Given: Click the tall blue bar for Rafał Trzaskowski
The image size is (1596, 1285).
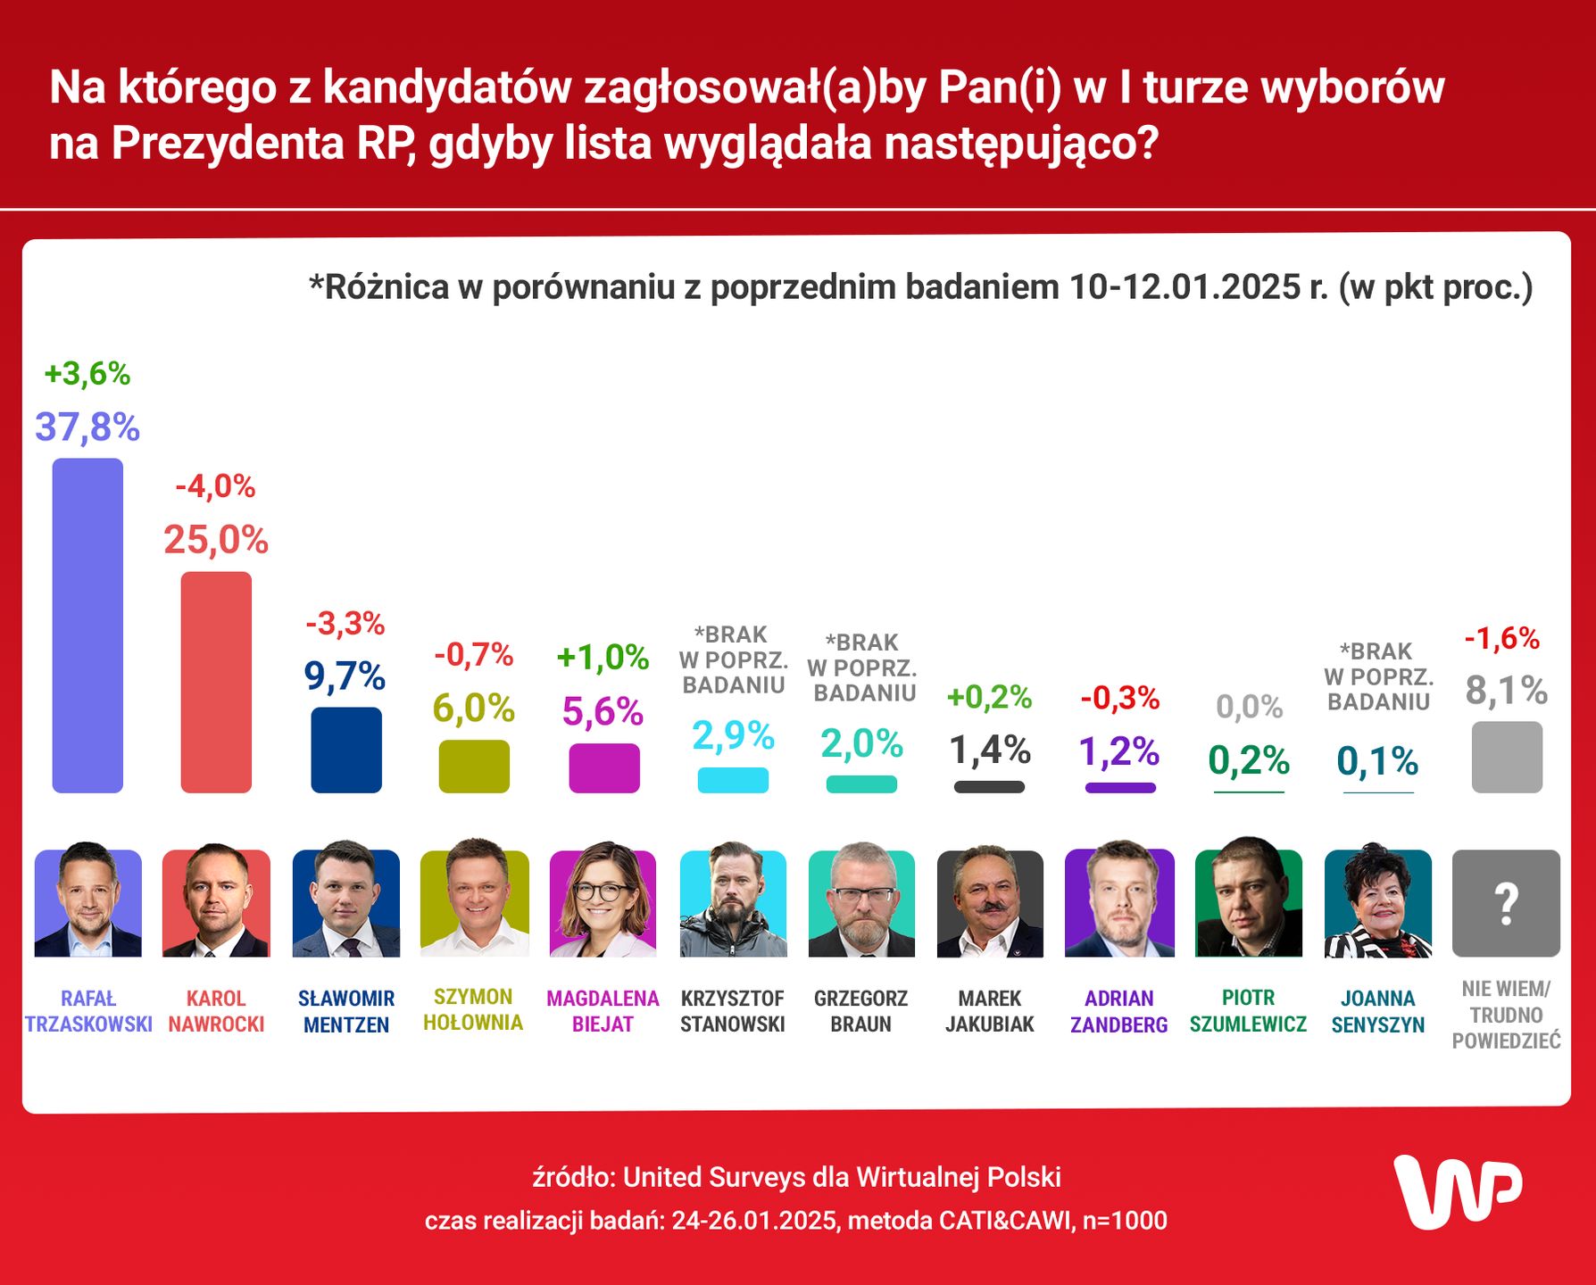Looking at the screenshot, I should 87,625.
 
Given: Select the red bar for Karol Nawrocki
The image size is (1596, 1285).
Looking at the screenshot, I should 216,682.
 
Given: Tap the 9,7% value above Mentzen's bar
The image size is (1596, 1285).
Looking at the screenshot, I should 345,676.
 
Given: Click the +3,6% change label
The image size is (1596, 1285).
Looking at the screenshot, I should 87,374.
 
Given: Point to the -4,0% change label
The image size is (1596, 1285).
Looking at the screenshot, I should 215,486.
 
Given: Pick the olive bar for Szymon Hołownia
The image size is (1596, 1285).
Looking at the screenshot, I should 474,766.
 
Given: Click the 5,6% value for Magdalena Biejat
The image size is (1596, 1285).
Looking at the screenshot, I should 603,711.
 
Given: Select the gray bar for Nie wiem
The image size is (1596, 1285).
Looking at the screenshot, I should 1507,757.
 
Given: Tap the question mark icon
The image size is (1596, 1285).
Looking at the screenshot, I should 1506,903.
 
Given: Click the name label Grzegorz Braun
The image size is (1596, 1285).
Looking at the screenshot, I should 860,1011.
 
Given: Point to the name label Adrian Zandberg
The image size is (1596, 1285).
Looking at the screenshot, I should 1118,1011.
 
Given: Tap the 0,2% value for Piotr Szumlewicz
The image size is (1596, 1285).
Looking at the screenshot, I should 1248,760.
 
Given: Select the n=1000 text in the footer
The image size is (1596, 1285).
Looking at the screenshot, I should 1124,1220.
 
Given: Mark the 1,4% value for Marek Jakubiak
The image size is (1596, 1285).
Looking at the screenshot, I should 989,750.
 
